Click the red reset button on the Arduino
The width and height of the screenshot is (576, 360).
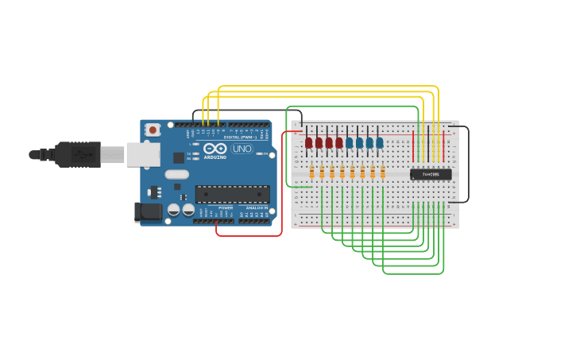pyautogui.click(x=153, y=129)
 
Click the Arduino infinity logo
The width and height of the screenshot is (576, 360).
pyautogui.click(x=215, y=148)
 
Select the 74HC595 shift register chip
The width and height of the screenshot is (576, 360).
pyautogui.click(x=431, y=174)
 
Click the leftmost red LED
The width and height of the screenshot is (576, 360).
pyautogui.click(x=308, y=143)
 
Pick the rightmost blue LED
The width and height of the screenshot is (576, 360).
pyautogui.click(x=379, y=143)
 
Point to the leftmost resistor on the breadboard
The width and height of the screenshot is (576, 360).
pyautogui.click(x=311, y=172)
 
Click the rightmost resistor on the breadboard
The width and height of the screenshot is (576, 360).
pyautogui.click(x=382, y=172)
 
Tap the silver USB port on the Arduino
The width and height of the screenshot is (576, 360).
pyautogui.click(x=143, y=154)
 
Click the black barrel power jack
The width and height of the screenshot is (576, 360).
pyautogui.click(x=147, y=211)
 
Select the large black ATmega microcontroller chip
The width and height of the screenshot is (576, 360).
pyautogui.click(x=232, y=194)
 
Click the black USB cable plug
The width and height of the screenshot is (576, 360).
pyautogui.click(x=77, y=154)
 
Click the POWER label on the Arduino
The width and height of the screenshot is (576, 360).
pyautogui.click(x=226, y=207)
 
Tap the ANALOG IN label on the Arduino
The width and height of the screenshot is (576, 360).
pyautogui.click(x=256, y=207)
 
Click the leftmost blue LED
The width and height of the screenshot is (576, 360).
pyautogui.click(x=349, y=143)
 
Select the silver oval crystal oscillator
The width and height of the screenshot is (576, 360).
pyautogui.click(x=177, y=174)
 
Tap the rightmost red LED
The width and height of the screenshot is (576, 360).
pyautogui.click(x=338, y=143)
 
